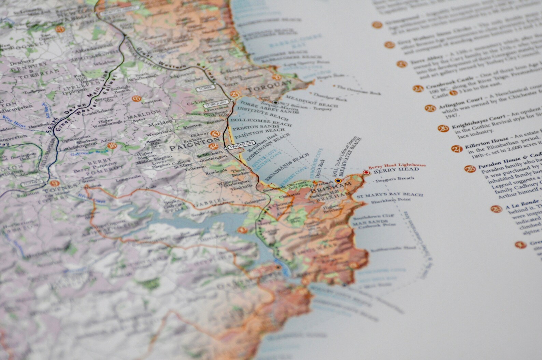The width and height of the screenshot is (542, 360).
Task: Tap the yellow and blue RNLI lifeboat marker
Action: [x=338, y=181]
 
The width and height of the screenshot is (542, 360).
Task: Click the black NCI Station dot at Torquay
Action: [x=275, y=102]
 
